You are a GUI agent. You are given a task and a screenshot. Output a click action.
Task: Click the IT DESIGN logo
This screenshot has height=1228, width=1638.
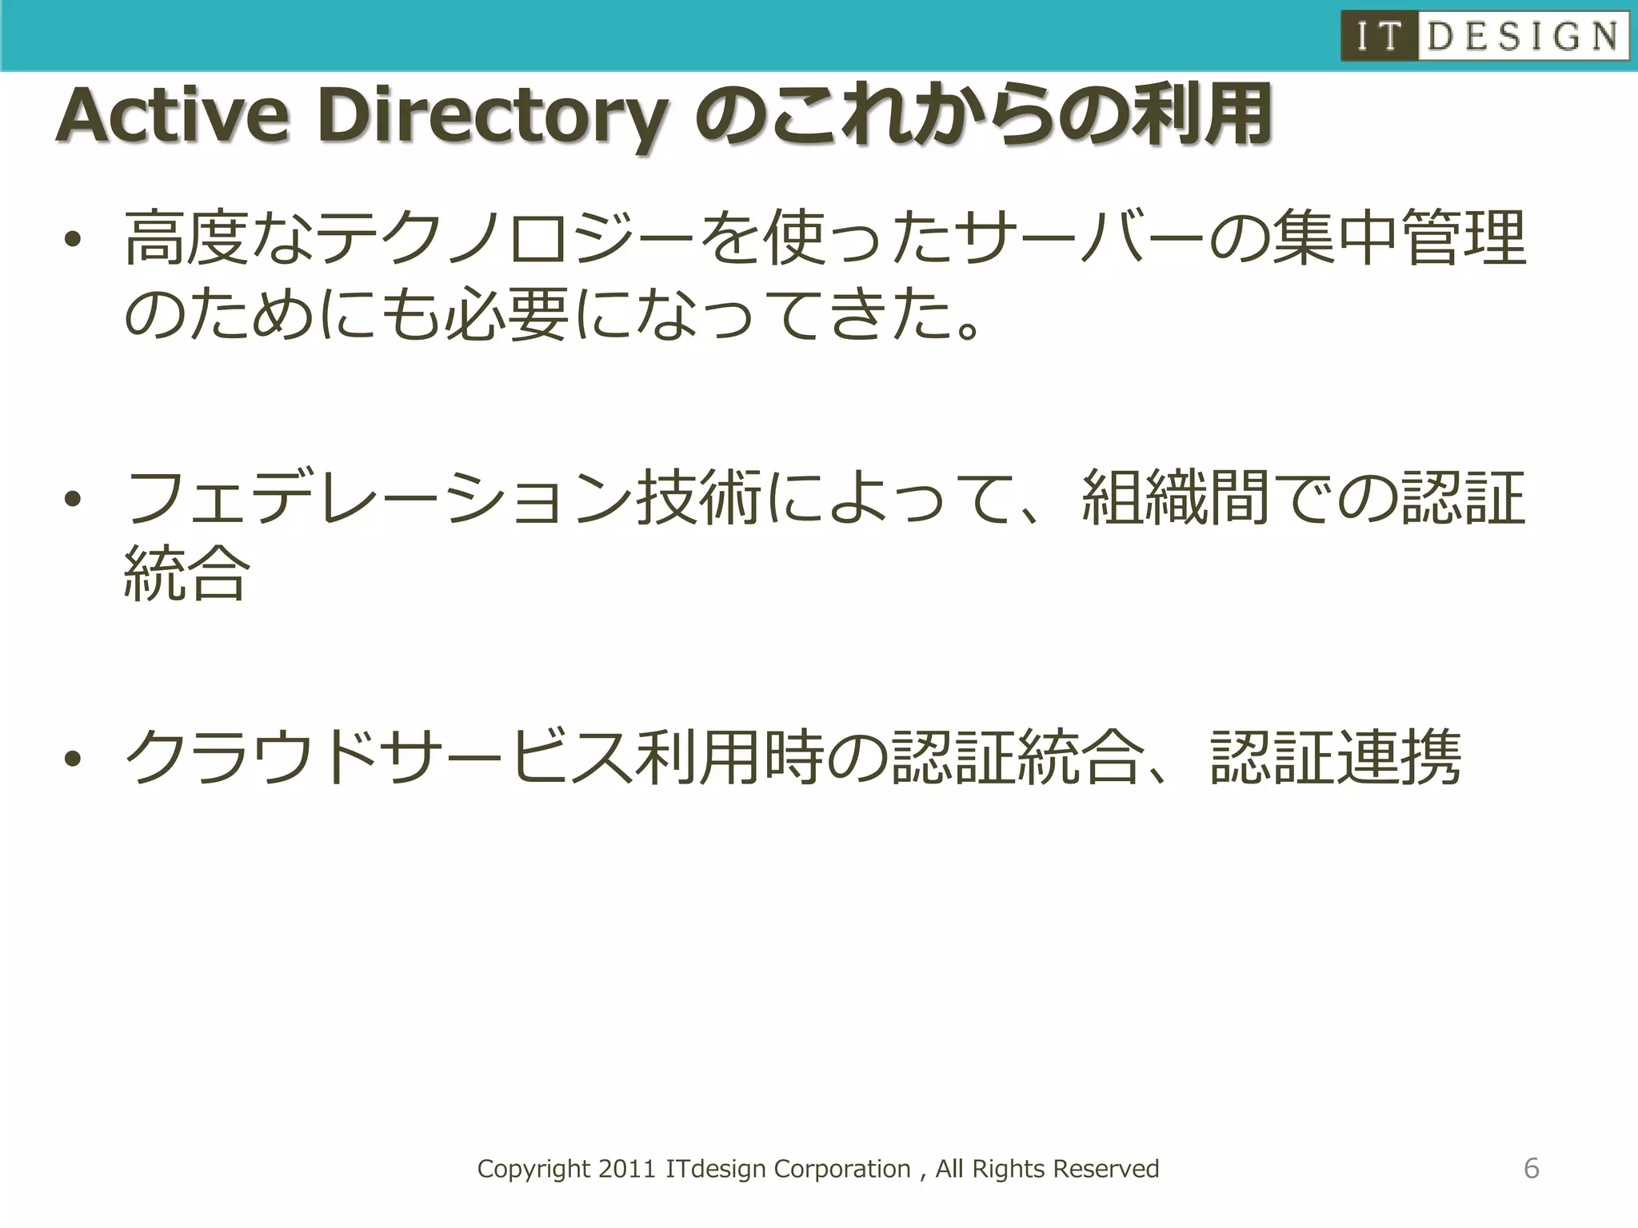click(x=1484, y=36)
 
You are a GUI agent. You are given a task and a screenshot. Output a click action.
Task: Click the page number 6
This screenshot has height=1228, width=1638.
click(x=1531, y=1168)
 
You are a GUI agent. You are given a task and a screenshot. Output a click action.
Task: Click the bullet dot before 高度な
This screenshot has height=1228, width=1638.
click(x=74, y=239)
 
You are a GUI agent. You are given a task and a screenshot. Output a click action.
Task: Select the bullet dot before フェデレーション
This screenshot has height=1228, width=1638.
click(x=74, y=499)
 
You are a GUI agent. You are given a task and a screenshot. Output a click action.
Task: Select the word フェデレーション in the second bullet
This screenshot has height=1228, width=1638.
click(x=379, y=497)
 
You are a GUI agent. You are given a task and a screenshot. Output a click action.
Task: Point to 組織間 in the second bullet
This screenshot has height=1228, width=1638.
click(x=1176, y=497)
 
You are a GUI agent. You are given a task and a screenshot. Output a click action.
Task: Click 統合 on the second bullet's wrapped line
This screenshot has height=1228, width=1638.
click(x=187, y=573)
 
